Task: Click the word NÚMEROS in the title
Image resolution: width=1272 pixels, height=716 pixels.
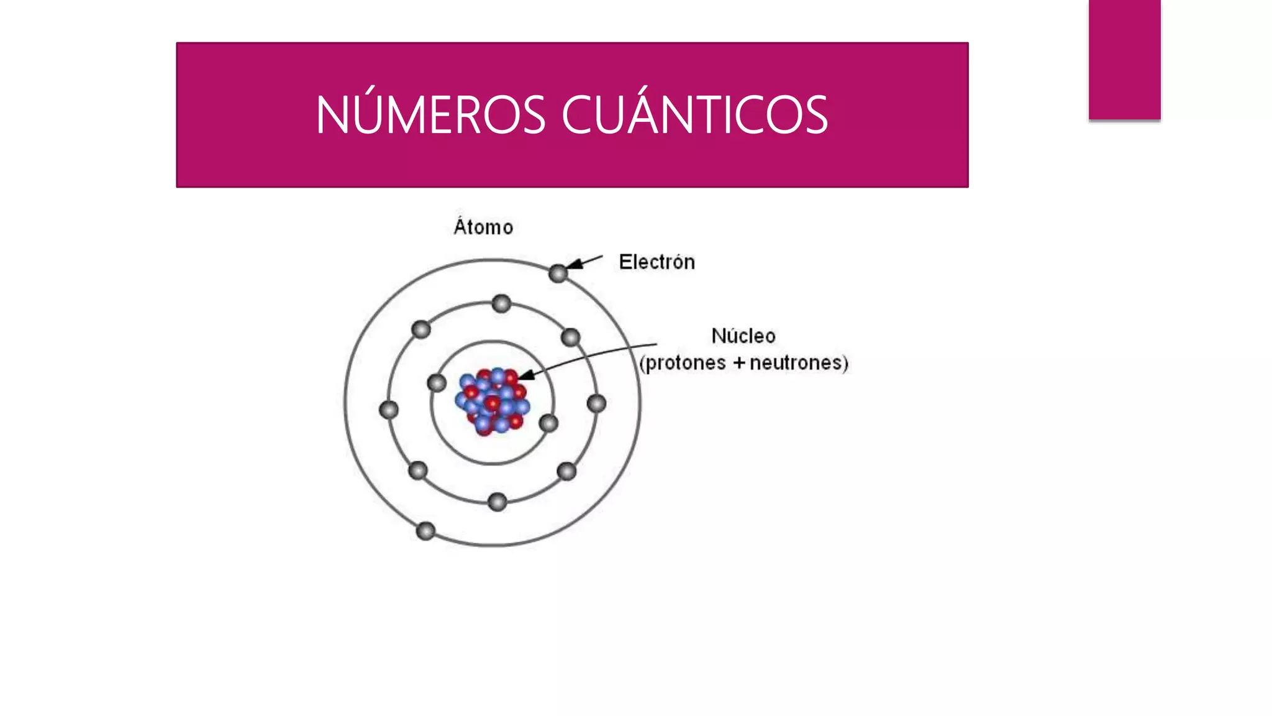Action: (430, 115)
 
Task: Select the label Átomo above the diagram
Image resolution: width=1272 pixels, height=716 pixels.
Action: (483, 227)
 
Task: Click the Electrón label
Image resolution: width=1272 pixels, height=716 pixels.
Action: (656, 262)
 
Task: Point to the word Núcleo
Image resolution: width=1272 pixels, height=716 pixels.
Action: (743, 336)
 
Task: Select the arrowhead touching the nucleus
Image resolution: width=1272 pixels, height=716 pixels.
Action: (525, 375)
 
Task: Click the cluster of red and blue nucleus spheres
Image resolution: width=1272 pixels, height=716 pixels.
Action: (493, 401)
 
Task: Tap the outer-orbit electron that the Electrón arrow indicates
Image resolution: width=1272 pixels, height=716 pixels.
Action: (558, 273)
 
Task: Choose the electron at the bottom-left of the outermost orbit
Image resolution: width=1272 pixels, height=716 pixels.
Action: (425, 531)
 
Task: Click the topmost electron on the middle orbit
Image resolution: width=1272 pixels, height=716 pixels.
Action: (501, 304)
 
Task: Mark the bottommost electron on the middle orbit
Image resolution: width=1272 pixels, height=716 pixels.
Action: (497, 502)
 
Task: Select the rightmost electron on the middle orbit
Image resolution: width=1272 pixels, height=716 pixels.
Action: (596, 404)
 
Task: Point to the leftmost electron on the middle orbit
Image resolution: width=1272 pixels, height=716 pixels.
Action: (389, 410)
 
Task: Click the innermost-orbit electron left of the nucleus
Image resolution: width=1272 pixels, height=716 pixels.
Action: (437, 383)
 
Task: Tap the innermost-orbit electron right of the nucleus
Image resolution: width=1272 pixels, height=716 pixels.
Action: (548, 424)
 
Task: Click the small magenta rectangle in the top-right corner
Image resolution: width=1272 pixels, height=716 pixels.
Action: (1124, 59)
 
